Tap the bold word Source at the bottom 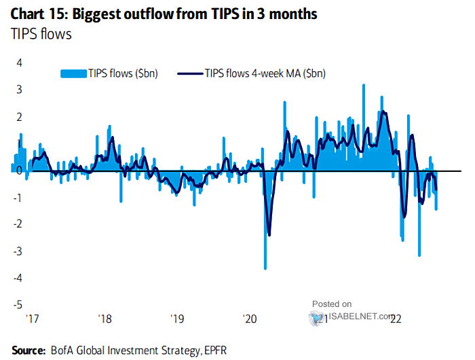coord(22,350)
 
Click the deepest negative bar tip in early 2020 coord(265,268)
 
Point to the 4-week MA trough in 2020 coord(269,235)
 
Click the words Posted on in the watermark coord(332,304)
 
